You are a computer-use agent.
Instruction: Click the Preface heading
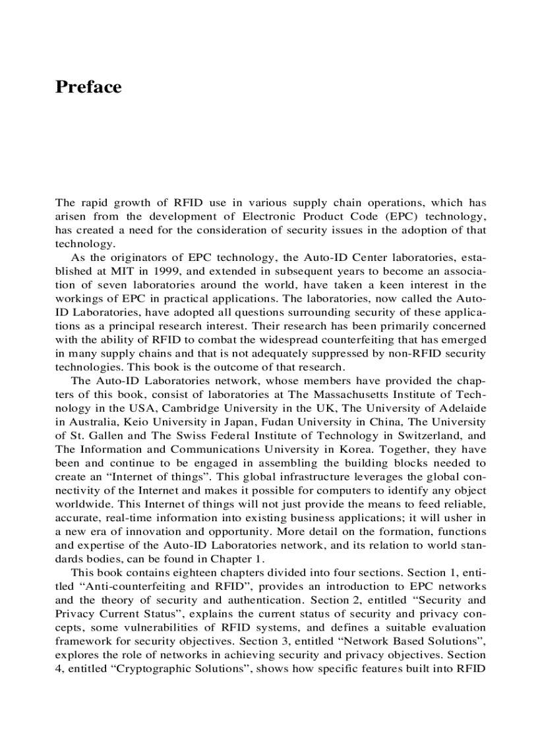pyautogui.click(x=88, y=88)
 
